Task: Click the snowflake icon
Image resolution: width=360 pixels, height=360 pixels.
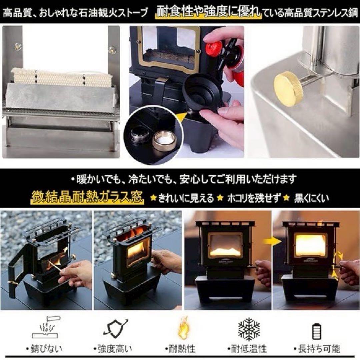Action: [249, 329]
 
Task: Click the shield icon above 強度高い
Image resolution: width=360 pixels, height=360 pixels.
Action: [115, 329]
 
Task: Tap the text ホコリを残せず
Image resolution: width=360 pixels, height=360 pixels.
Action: [253, 198]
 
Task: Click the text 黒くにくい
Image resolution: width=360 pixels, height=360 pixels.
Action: [311, 198]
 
